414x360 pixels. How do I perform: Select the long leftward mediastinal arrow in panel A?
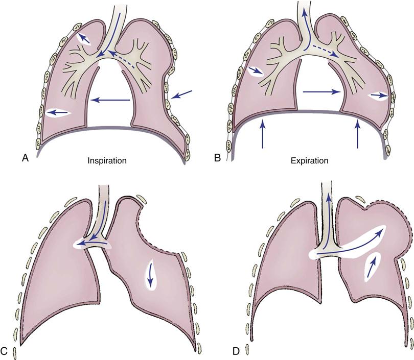tap(110, 101)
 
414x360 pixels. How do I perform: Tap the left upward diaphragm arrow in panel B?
tap(262, 133)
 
